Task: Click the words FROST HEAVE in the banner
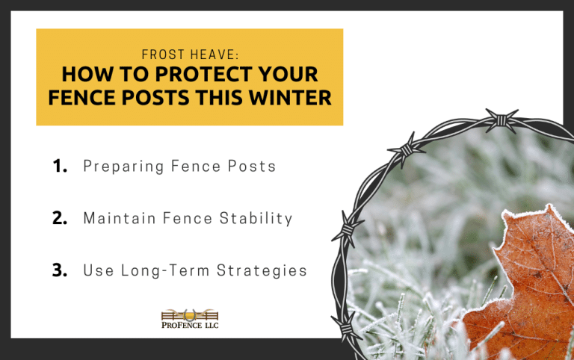click(x=189, y=55)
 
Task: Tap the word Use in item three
click(x=97, y=271)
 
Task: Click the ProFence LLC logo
click(x=190, y=319)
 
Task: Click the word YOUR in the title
click(x=286, y=75)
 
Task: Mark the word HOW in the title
click(x=82, y=75)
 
